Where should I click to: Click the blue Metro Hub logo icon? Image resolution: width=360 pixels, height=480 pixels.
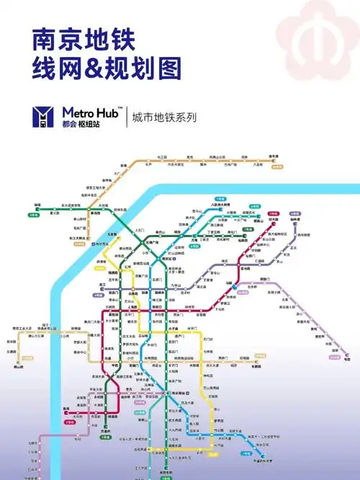click(45, 116)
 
